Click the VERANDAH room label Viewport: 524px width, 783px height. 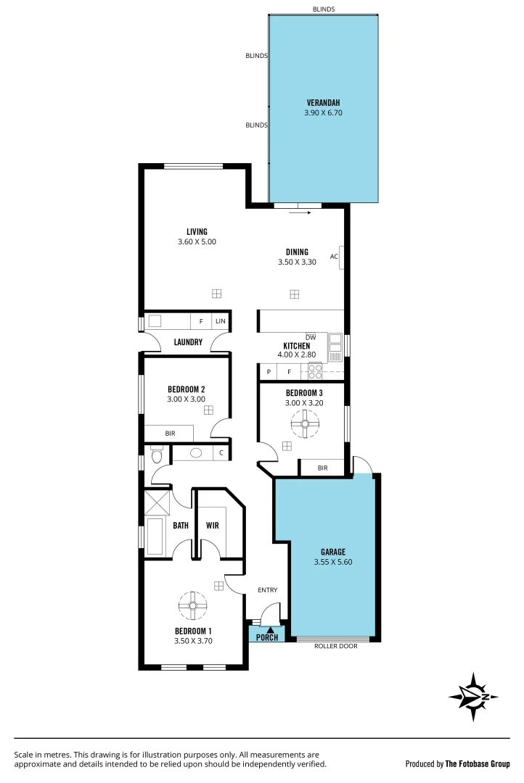323,102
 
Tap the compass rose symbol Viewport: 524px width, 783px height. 473,697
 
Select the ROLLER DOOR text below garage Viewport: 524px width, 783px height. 336,646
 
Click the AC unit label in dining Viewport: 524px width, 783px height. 334,256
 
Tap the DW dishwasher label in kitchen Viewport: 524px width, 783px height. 311,338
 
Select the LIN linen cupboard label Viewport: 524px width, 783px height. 220,320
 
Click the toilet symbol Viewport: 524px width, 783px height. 156,455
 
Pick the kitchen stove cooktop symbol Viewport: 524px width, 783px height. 315,371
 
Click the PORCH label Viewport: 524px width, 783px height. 267,637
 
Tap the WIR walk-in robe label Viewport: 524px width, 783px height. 213,525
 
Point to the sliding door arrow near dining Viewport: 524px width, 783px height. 300,213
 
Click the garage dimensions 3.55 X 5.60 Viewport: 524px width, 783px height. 335,562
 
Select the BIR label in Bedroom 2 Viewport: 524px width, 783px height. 170,434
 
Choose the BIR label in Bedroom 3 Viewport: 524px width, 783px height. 322,468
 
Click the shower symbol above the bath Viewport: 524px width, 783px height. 157,502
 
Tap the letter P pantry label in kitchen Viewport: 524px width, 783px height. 269,372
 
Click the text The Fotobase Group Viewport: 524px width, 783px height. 478,763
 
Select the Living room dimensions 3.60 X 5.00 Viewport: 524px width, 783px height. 197,242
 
